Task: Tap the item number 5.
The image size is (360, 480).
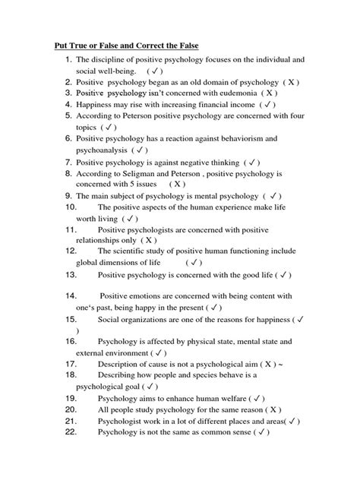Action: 70,117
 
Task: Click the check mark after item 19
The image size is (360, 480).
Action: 258,397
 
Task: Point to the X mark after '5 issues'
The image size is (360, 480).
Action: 177,183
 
